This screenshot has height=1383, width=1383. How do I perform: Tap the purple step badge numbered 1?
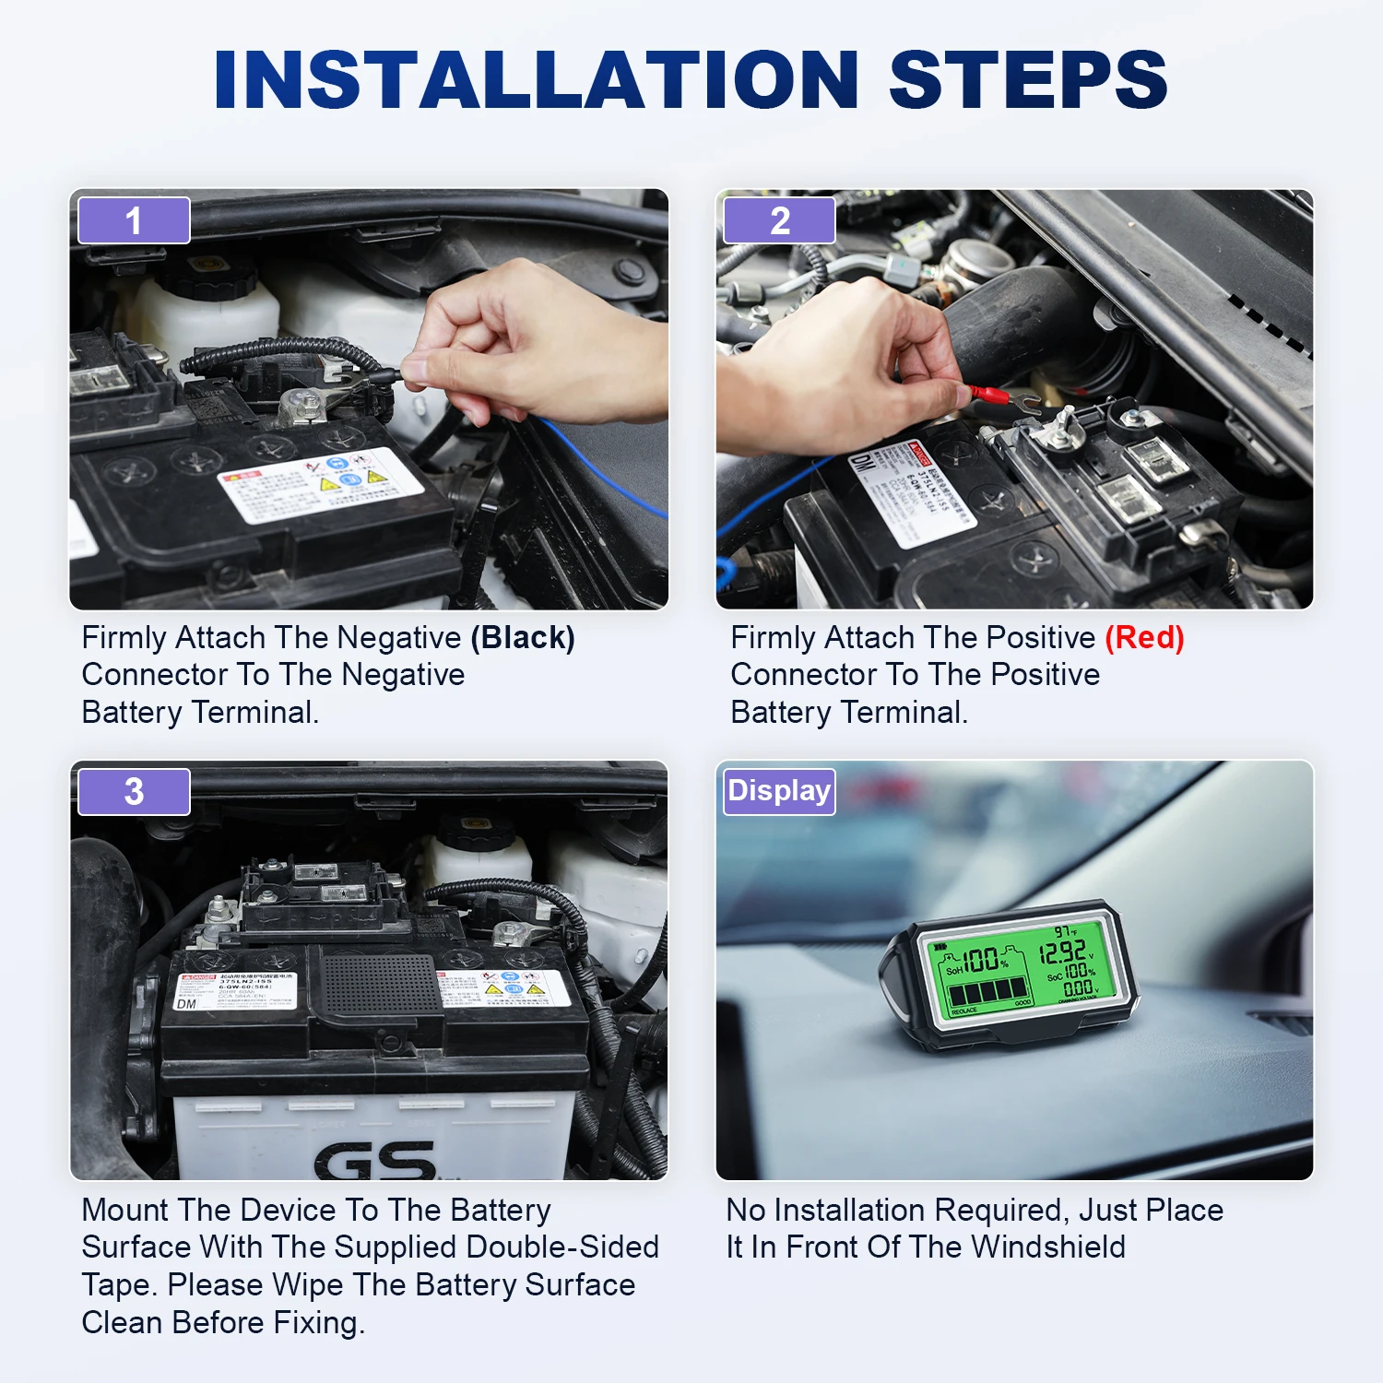[x=134, y=220]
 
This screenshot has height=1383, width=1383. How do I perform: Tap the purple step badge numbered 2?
[x=779, y=220]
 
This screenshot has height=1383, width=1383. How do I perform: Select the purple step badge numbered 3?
[x=134, y=791]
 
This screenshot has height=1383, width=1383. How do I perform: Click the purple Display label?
[x=779, y=791]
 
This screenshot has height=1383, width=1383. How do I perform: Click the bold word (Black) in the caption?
[x=523, y=638]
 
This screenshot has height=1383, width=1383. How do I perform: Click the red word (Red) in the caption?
[x=1144, y=638]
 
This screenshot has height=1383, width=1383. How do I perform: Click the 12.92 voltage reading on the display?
[x=1062, y=951]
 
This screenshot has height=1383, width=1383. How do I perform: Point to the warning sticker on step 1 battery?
[x=318, y=484]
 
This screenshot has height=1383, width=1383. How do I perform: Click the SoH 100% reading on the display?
[x=977, y=961]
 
